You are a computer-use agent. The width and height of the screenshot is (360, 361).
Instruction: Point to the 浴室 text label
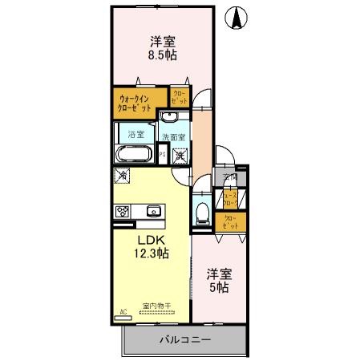click(136, 133)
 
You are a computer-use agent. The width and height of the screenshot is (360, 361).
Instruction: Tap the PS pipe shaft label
click(162, 155)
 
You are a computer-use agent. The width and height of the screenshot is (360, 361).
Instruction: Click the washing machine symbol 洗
click(180, 154)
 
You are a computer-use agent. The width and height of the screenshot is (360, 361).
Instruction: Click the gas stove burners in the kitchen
click(124, 213)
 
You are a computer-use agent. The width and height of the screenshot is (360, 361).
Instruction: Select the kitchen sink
click(153, 212)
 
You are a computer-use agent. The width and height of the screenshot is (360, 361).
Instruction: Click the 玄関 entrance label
click(230, 178)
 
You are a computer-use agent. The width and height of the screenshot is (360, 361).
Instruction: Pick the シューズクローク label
click(230, 198)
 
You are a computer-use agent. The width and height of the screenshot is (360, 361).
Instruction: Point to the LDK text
click(150, 239)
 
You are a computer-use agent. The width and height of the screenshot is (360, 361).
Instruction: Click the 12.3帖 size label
click(150, 253)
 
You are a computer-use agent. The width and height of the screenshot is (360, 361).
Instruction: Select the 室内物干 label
click(153, 306)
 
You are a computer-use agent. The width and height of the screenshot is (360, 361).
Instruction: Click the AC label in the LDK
click(123, 311)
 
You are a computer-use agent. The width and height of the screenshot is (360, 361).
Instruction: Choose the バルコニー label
click(184, 339)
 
